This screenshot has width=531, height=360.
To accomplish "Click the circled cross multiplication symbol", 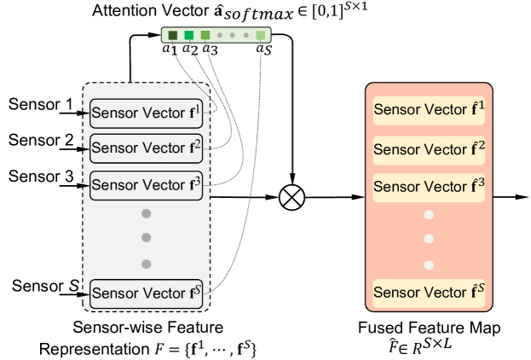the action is coord(291,197).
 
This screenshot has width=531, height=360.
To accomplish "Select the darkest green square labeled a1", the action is coord(173,35).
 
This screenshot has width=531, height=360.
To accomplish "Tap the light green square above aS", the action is coord(261,35).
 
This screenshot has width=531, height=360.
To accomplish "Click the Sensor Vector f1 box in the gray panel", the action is coord(147,113).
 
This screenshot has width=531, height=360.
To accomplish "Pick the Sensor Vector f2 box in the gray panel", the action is coord(147,148).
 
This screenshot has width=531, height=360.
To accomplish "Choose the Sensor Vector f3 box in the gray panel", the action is coord(147,185).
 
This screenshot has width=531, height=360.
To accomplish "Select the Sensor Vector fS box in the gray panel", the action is coord(147,294).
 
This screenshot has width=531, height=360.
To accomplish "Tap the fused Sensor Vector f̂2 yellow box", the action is coord(429,150).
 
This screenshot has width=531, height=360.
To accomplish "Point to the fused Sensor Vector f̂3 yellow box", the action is coord(429,188).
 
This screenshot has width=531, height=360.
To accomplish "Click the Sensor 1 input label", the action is coord(41,104).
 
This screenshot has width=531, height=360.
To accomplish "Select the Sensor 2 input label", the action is coord(41,140).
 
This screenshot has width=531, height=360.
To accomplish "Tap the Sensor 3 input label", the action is coord(41,177).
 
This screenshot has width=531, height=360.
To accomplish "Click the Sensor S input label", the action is coord(45,286).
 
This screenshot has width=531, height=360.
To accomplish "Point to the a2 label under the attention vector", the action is coord(190,49).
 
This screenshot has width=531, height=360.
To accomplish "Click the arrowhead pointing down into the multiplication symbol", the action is coord(292,179).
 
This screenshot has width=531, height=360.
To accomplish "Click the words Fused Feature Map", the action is coord(429,328).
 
